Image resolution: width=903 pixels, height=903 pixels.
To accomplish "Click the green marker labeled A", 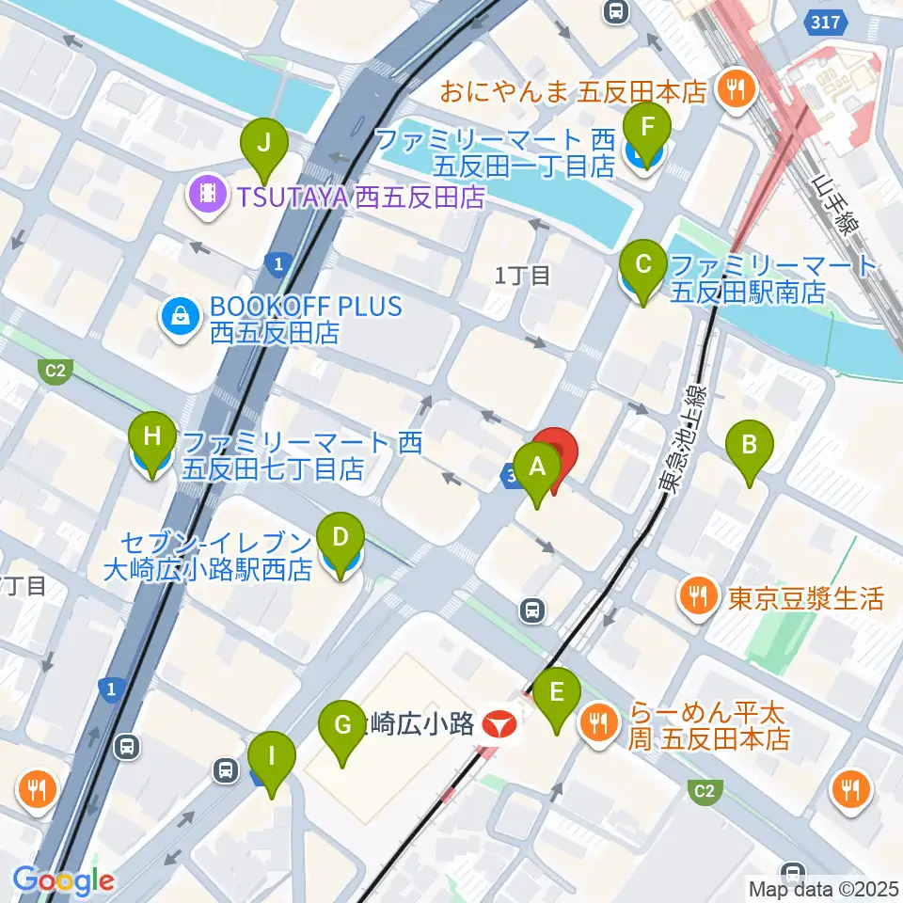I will click(x=537, y=467).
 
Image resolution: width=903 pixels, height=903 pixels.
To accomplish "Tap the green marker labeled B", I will click(x=749, y=444).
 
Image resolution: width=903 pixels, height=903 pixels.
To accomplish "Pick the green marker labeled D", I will click(x=341, y=539).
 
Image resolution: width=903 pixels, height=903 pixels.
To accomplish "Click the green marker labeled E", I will click(x=557, y=693).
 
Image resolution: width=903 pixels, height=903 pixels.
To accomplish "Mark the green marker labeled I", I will click(x=273, y=756).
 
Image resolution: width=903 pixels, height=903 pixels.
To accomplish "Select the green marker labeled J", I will click(x=264, y=144).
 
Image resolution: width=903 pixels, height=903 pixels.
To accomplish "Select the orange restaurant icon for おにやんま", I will click(x=733, y=89).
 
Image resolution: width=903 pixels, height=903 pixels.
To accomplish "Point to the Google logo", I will click(x=64, y=880).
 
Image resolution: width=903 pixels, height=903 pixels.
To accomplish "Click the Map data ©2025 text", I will click(x=823, y=888).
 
